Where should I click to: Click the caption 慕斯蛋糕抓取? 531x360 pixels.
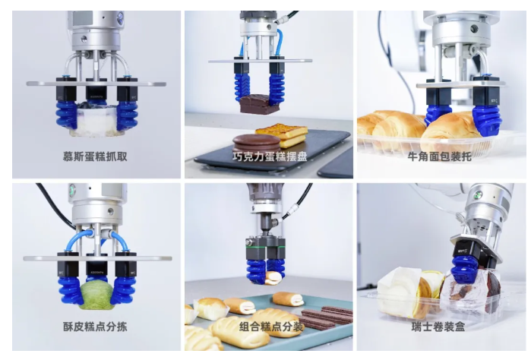click(x=95, y=156)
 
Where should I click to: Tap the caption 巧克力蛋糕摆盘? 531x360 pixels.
click(x=270, y=156)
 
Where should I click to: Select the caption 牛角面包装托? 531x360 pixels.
click(x=439, y=156)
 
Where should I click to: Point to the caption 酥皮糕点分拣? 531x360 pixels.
click(x=95, y=327)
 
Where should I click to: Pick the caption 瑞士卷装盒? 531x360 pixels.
click(x=438, y=327)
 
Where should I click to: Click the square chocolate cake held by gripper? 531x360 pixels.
click(x=259, y=103)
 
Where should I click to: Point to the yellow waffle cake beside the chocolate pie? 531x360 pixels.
click(x=283, y=134)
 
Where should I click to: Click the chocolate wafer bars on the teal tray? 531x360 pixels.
click(x=326, y=318)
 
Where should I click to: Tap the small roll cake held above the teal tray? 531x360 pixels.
click(x=273, y=278)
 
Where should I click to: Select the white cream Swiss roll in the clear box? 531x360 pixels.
click(x=400, y=292)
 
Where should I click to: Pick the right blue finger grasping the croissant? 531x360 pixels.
click(x=487, y=120)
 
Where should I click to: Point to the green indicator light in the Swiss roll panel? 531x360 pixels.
click(x=478, y=194)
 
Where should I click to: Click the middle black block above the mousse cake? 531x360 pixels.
click(x=96, y=90)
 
